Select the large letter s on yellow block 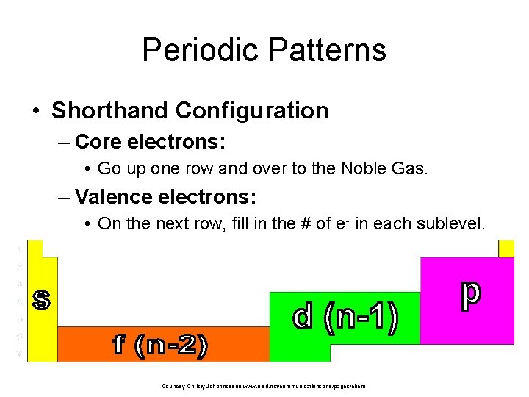click(x=41, y=298)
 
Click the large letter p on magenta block click(x=470, y=293)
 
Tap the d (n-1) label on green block click(x=346, y=318)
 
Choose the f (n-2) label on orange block click(x=159, y=346)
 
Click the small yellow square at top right click(x=506, y=248)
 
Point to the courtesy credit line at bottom click(x=264, y=386)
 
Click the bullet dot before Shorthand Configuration click(x=35, y=111)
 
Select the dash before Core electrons click(x=64, y=141)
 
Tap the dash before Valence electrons click(x=64, y=198)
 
